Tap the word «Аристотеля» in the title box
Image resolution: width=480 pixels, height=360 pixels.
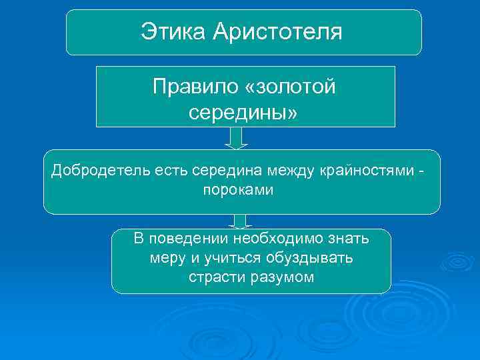(x=277, y=31)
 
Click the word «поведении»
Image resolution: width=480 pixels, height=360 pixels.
(x=189, y=239)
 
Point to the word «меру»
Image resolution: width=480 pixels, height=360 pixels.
(x=167, y=258)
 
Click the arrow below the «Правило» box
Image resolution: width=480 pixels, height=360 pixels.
(x=235, y=138)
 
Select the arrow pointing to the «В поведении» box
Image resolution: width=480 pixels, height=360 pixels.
(x=240, y=221)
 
